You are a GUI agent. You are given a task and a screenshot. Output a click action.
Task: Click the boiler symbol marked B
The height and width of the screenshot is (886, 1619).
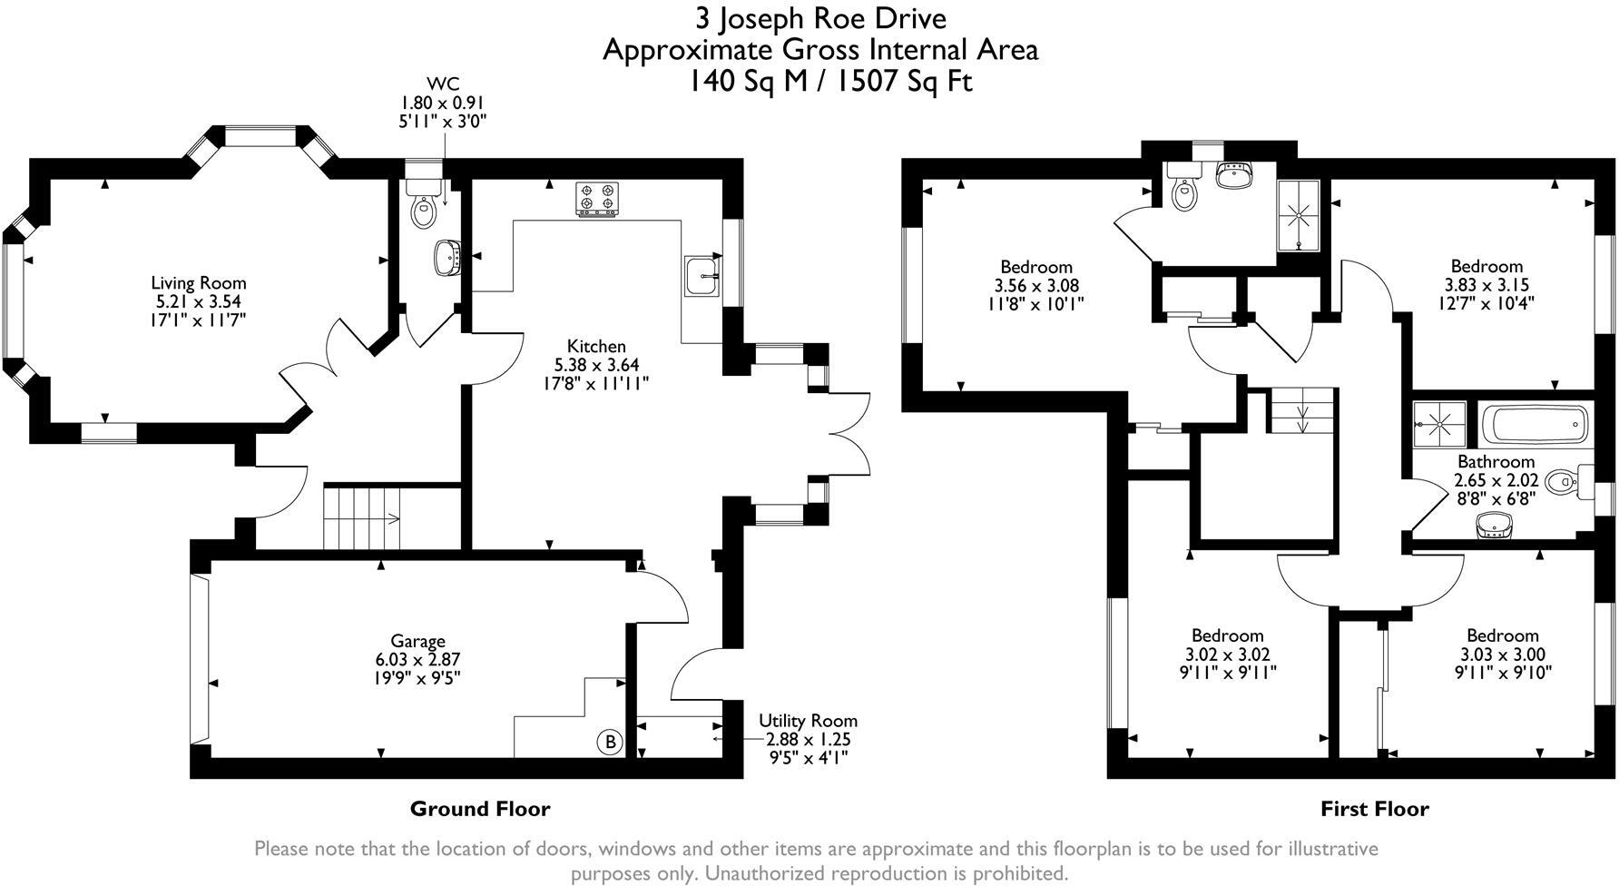(x=610, y=743)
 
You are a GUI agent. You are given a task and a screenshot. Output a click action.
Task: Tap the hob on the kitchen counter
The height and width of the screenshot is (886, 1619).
(x=596, y=200)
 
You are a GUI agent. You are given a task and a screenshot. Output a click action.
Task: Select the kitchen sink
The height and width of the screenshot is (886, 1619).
(x=702, y=276)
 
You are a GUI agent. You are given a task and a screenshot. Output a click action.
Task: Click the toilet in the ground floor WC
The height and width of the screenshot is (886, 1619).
(x=425, y=204)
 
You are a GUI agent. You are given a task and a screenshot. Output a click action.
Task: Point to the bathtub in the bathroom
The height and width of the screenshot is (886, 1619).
(x=1535, y=423)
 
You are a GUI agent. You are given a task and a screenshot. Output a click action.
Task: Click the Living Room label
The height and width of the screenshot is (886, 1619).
(x=199, y=283)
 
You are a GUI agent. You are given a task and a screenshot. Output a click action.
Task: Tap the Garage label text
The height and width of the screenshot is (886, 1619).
(x=418, y=641)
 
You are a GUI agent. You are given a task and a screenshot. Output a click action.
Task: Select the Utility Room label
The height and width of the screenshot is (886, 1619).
(x=808, y=721)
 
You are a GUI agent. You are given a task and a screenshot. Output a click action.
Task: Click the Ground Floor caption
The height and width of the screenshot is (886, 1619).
(x=480, y=808)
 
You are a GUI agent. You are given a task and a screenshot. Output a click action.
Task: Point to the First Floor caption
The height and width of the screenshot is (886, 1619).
(x=1374, y=809)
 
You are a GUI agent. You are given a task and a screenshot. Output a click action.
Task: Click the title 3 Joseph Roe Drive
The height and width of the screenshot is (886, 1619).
(x=820, y=18)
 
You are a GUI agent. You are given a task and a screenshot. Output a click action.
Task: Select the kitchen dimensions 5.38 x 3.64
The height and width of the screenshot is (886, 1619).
(x=596, y=365)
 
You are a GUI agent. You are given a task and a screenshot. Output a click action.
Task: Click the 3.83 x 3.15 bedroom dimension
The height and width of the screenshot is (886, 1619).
(x=1487, y=285)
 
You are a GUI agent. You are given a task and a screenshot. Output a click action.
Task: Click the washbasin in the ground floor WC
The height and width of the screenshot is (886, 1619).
(x=450, y=257)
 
